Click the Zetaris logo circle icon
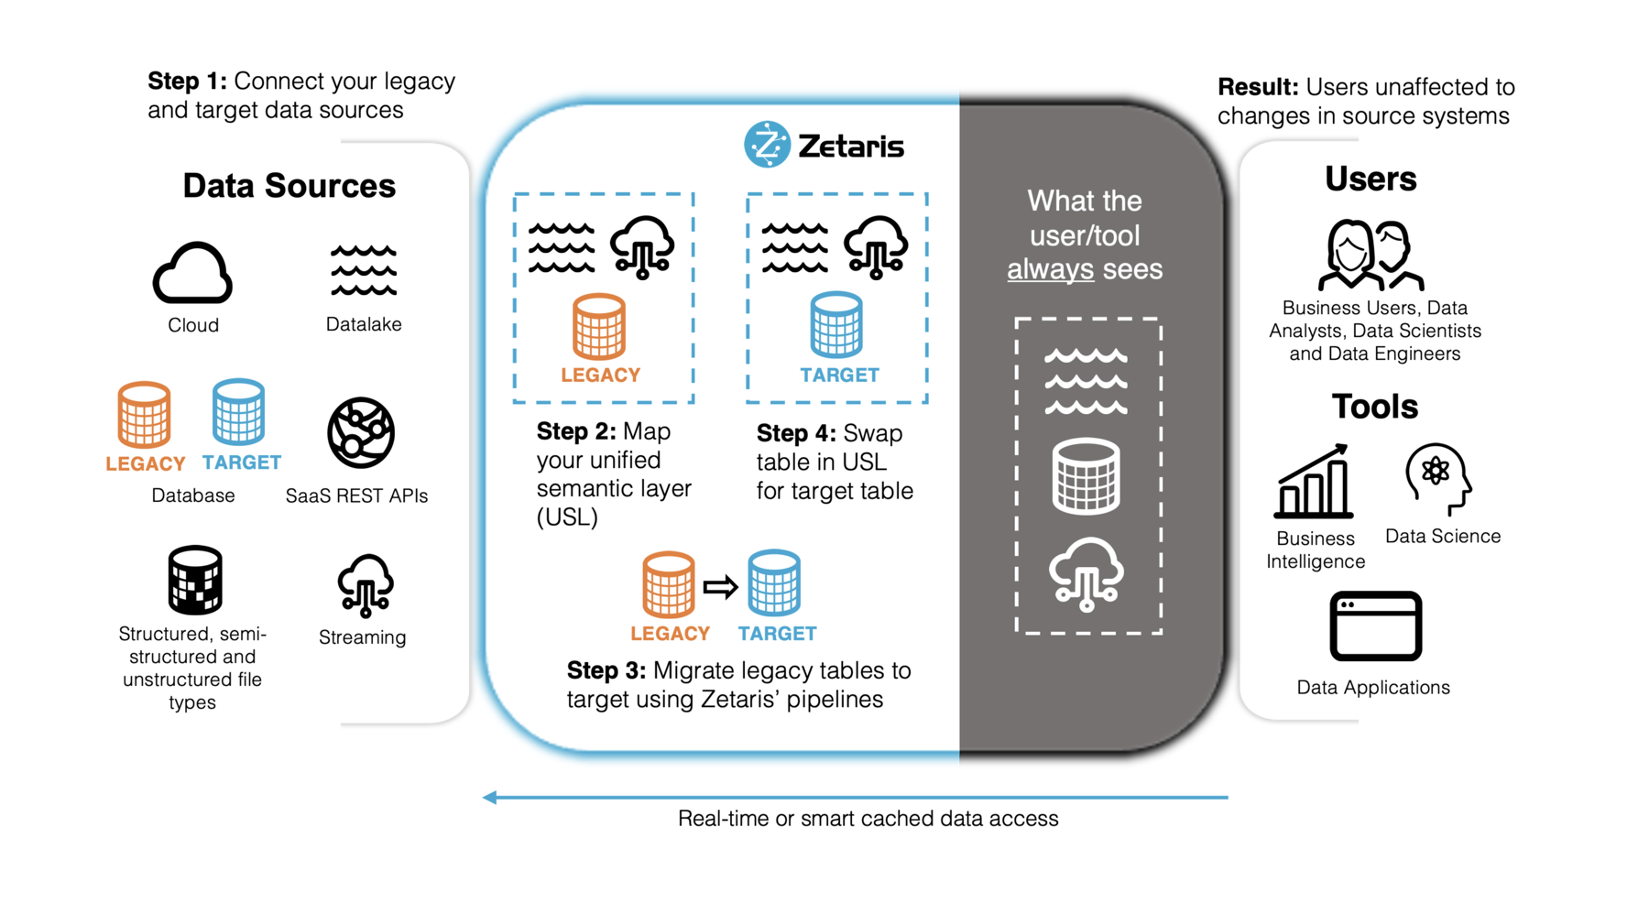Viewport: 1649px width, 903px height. [x=767, y=145]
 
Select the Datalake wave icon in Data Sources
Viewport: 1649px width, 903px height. [x=364, y=270]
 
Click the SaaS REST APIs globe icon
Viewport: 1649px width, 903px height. [x=361, y=432]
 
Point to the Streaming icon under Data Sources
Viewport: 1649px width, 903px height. [x=365, y=584]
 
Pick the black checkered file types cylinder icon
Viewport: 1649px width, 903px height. [x=194, y=580]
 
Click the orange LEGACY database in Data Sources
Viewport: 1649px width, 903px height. [x=144, y=415]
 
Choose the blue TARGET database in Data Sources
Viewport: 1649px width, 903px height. [x=238, y=412]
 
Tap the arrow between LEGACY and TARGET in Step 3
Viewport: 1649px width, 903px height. [x=721, y=586]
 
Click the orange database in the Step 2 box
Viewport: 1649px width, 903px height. [x=599, y=326]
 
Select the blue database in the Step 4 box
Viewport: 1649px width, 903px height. [x=836, y=325]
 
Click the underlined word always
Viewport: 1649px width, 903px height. [x=1050, y=269]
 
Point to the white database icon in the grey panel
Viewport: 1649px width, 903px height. [x=1087, y=475]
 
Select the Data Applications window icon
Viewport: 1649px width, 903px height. [x=1375, y=626]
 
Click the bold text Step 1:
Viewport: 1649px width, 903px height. [x=187, y=82]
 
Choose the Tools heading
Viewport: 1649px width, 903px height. [x=1374, y=407]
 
